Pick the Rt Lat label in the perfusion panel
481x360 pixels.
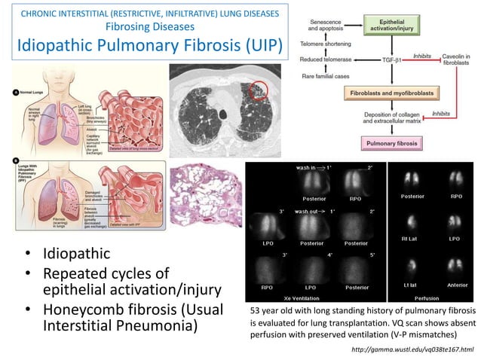click(x=411, y=241)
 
